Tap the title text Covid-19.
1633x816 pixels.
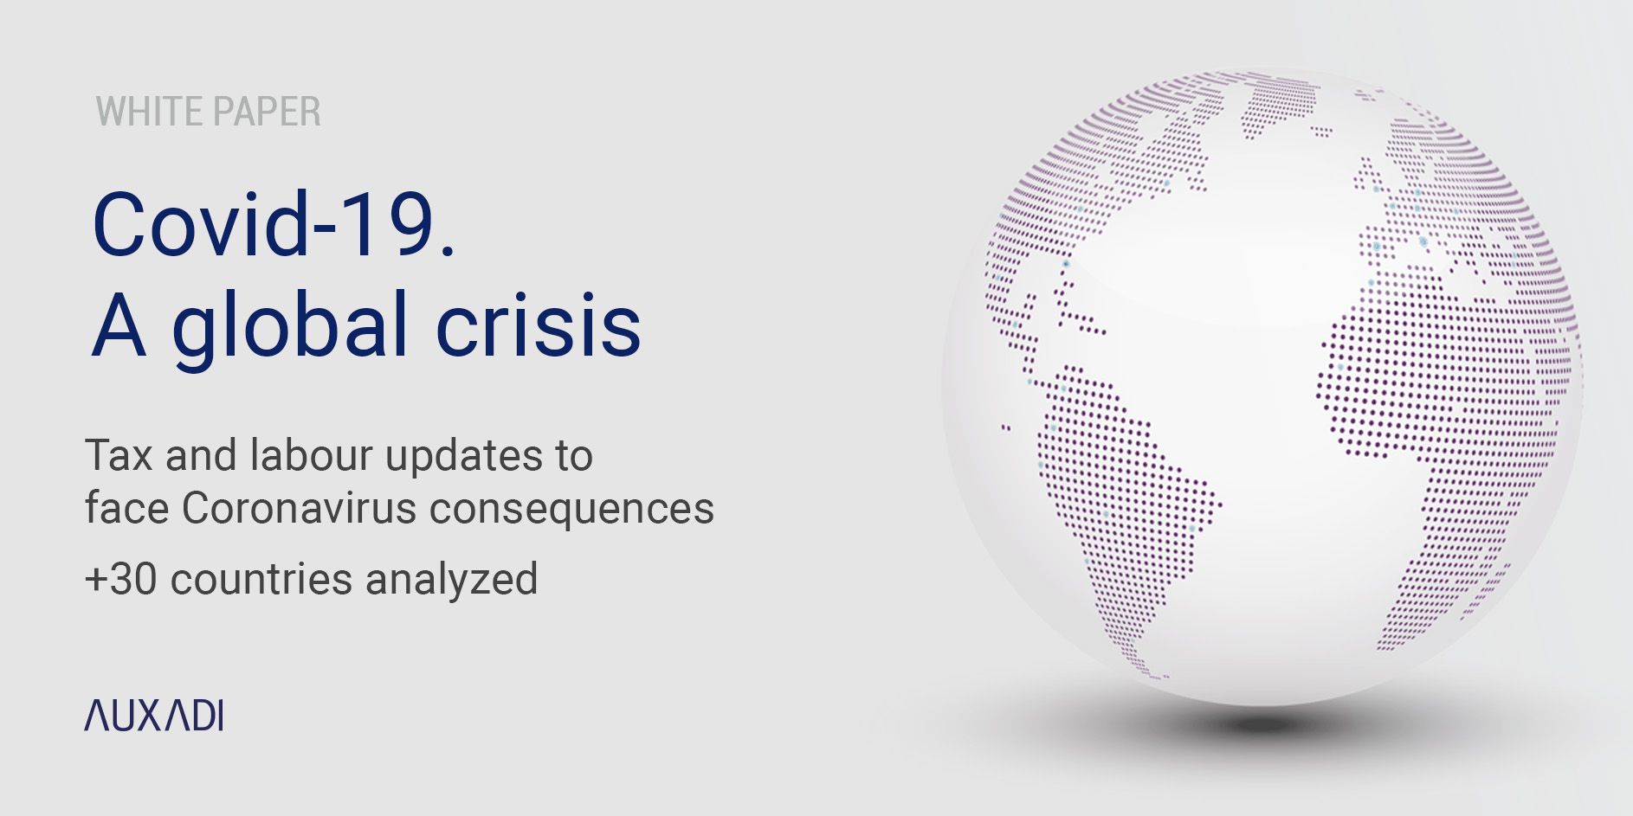(x=274, y=223)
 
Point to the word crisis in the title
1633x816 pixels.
(x=538, y=325)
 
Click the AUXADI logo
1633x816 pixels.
(x=153, y=716)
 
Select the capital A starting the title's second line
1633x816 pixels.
(x=119, y=325)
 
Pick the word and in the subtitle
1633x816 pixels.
(x=201, y=455)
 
